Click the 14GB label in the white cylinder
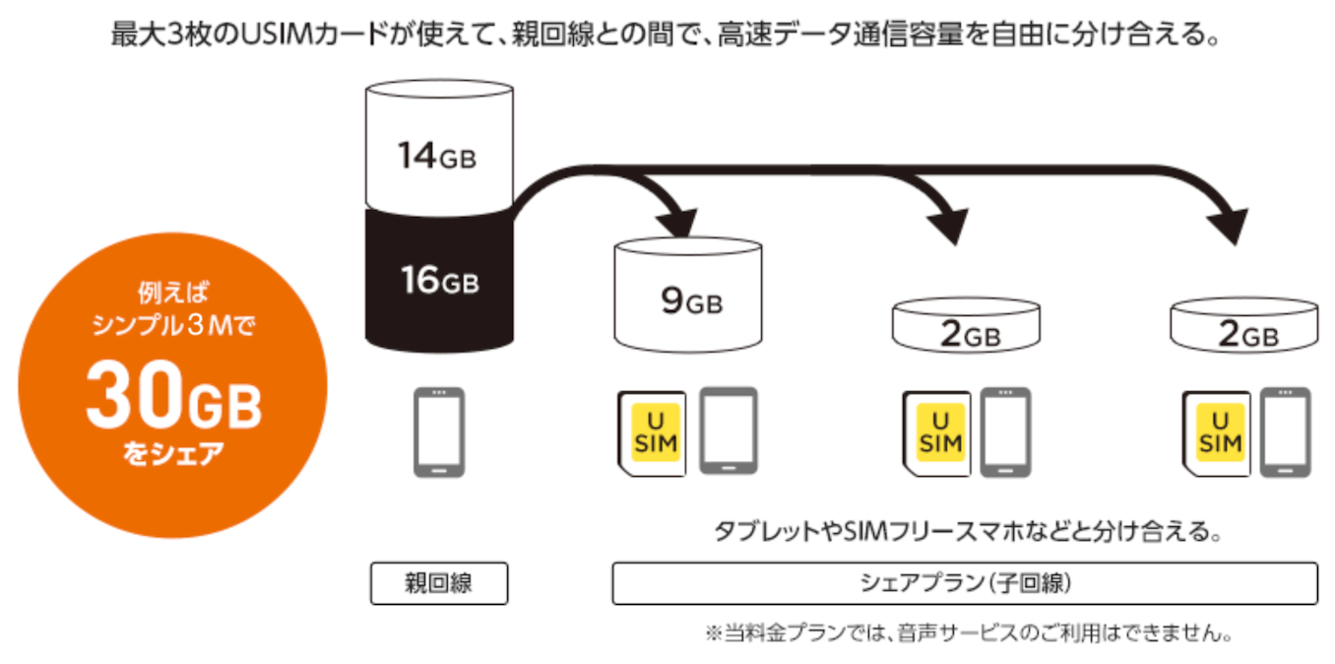[x=437, y=156]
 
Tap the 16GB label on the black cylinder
[x=439, y=281]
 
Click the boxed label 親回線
[x=439, y=583]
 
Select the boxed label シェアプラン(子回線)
[x=964, y=583]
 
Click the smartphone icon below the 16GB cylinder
[x=436, y=432]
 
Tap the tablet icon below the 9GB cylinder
[x=729, y=431]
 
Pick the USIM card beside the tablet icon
[x=654, y=433]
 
